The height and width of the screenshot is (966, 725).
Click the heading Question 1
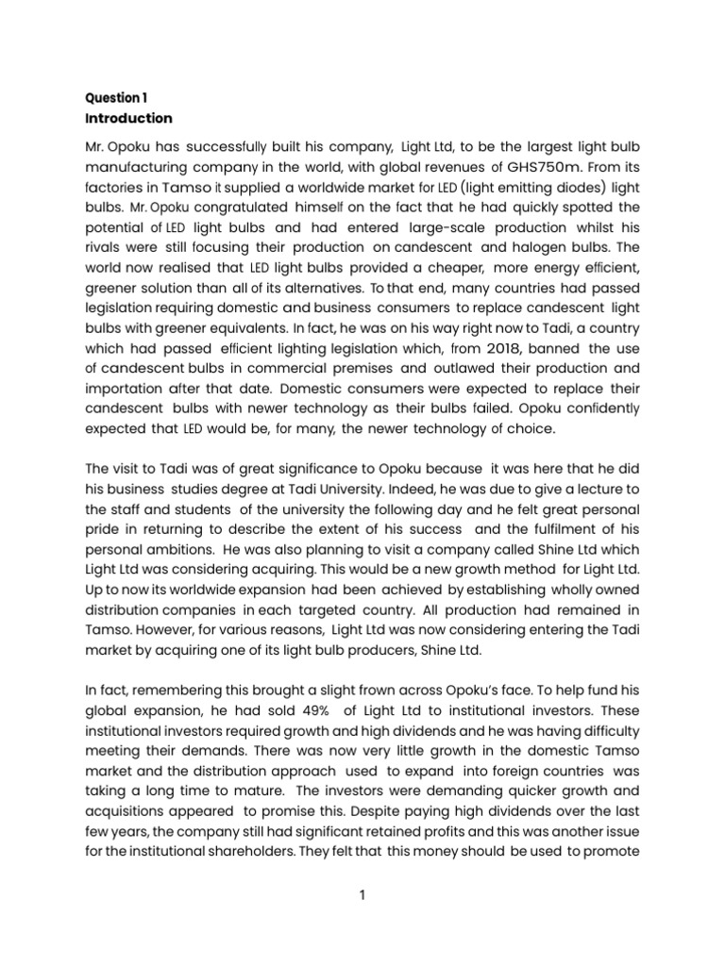point(116,98)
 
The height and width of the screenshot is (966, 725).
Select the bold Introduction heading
point(128,118)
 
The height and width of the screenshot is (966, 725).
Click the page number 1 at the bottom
point(362,896)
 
